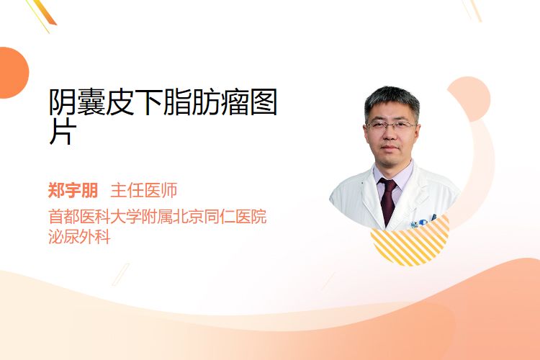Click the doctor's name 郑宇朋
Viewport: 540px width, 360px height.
click(73, 191)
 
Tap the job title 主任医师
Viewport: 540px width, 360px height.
click(144, 191)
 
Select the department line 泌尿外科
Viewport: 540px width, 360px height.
click(79, 237)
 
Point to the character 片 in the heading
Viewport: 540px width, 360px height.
click(63, 131)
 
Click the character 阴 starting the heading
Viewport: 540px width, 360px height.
click(63, 102)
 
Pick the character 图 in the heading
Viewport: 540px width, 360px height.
click(264, 102)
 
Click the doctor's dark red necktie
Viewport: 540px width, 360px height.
click(388, 200)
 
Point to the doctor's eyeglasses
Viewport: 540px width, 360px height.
click(390, 125)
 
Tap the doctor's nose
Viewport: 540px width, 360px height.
click(390, 134)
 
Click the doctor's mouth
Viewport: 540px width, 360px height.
click(390, 148)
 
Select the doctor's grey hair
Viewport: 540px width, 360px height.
click(392, 100)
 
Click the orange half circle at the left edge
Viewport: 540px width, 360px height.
click(13, 73)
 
